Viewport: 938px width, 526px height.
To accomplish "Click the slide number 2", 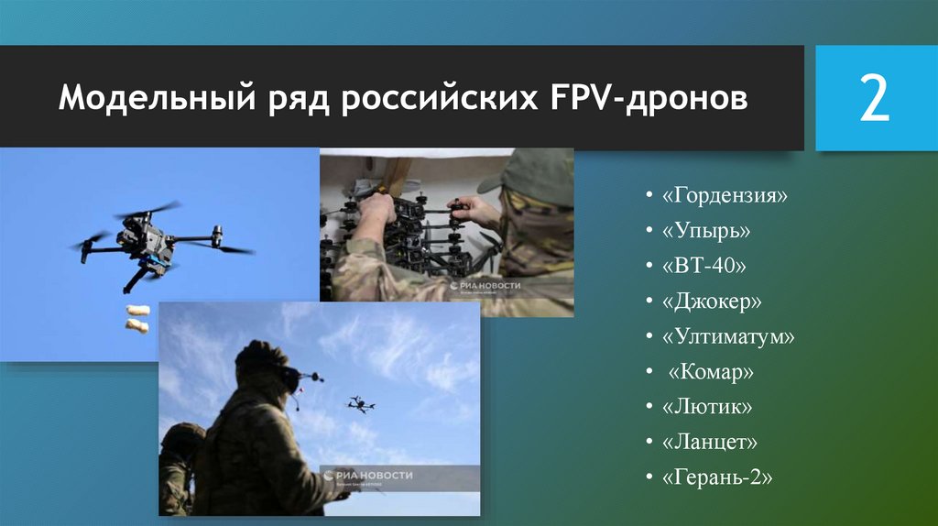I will pos(873,99).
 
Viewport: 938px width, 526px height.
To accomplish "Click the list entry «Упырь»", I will pos(711,232).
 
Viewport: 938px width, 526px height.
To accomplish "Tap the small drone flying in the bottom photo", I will pos(361,403).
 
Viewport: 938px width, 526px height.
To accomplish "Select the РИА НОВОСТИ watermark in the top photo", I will pos(485,286).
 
